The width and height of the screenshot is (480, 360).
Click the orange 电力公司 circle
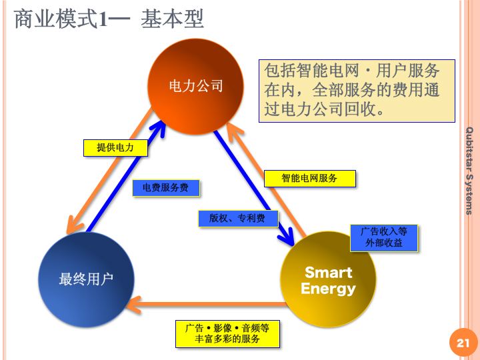(195, 85)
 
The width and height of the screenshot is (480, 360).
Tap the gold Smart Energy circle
(328, 280)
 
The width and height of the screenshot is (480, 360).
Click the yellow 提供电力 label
(115, 147)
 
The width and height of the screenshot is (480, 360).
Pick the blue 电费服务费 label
(166, 188)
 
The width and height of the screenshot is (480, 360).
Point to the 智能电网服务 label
(309, 179)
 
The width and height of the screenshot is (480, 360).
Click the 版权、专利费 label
(237, 218)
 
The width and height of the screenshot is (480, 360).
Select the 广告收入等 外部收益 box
(384, 237)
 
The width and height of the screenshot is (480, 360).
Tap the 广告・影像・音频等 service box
(227, 333)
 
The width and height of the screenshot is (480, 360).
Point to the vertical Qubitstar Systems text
(469, 170)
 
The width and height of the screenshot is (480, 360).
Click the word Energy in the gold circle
(328, 289)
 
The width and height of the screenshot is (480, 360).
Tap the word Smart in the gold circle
(328, 272)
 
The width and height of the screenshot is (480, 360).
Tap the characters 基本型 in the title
(172, 19)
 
